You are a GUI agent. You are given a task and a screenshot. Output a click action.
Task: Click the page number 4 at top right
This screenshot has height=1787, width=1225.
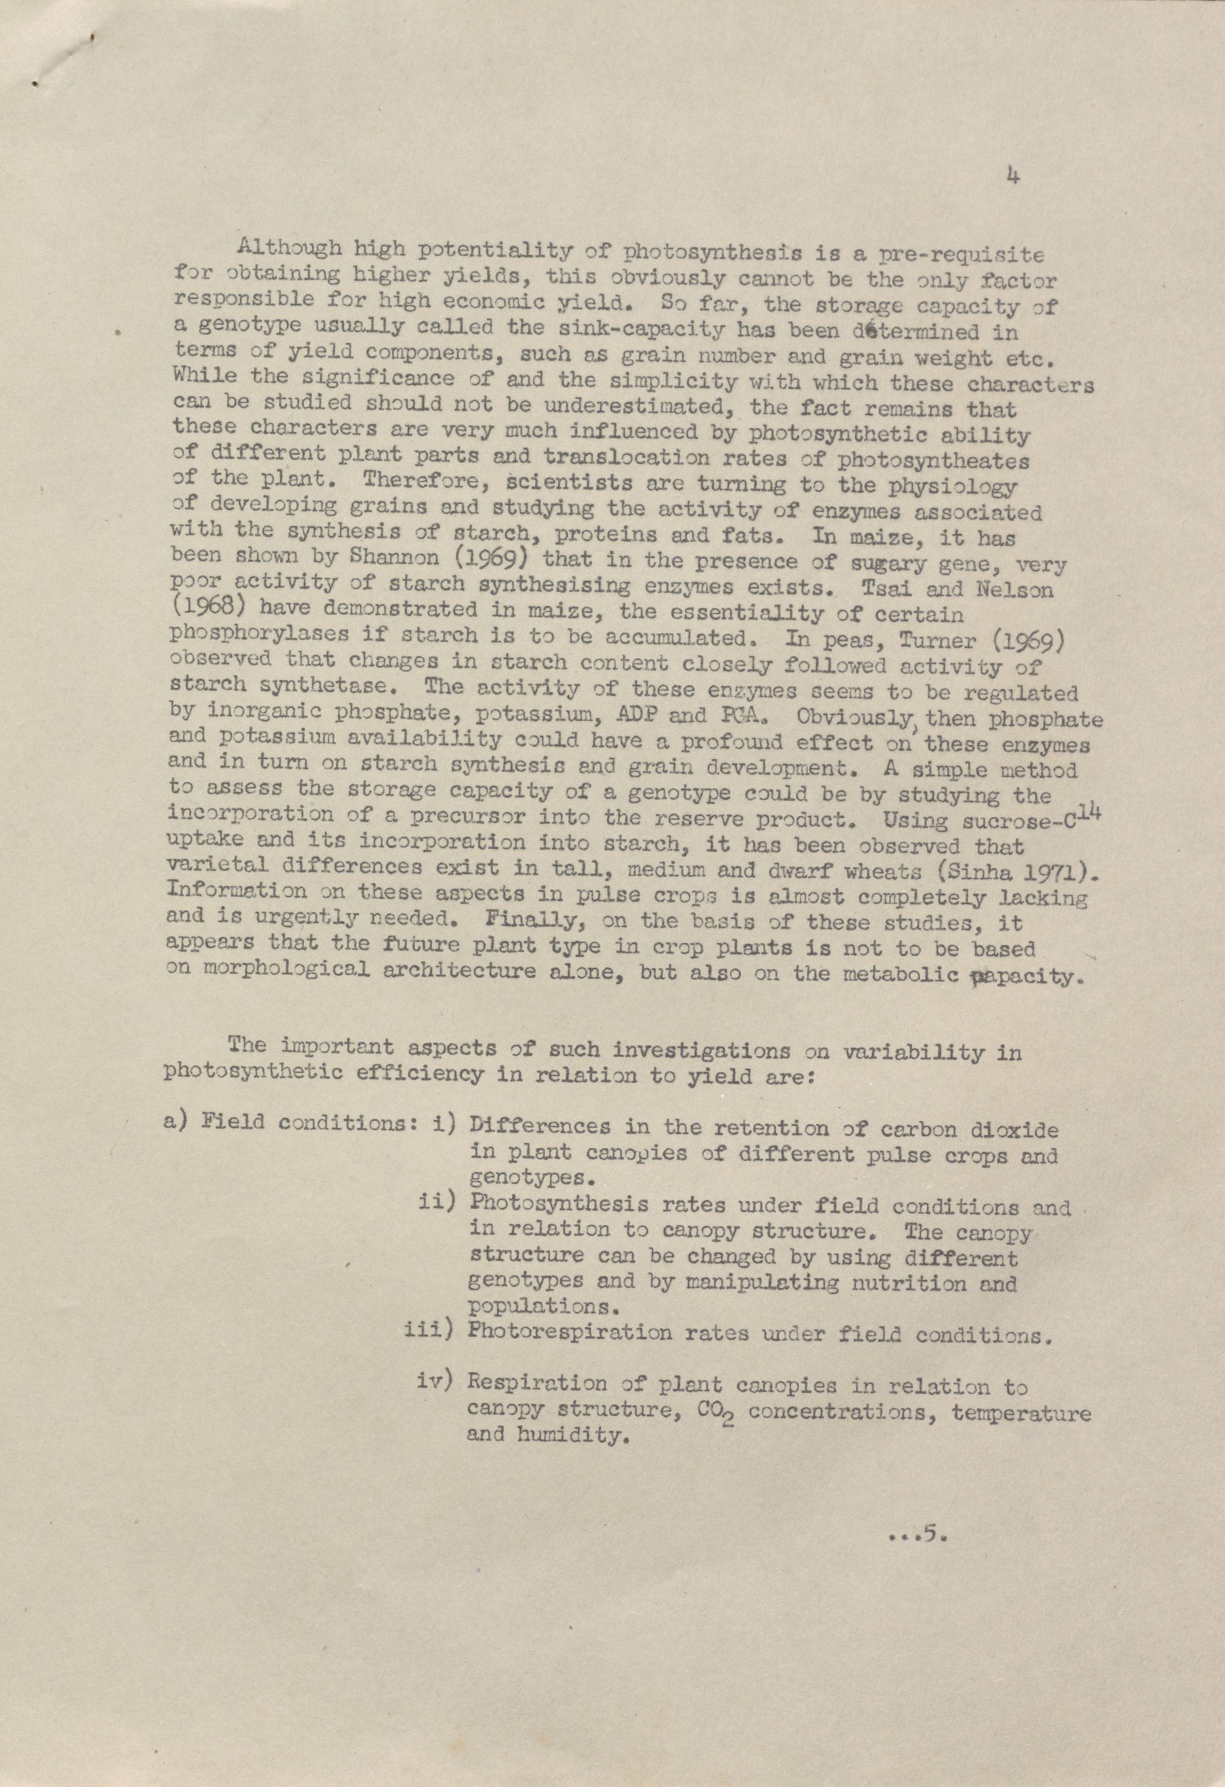(1012, 177)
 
